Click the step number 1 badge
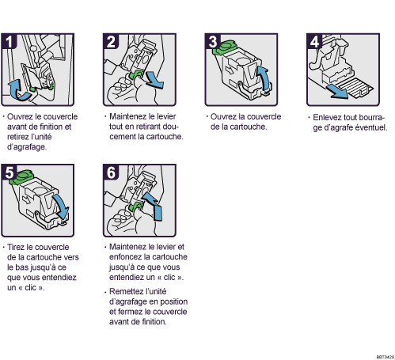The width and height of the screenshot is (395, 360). (9, 41)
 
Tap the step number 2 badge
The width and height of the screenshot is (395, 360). (111, 41)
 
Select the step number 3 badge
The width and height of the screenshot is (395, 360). (213, 41)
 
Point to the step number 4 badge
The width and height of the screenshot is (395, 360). (314, 41)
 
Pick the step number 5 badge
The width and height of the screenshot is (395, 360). (9, 172)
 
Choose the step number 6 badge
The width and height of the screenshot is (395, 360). (111, 172)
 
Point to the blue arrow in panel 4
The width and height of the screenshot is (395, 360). (337, 92)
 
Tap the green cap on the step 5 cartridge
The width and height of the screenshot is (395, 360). (23, 176)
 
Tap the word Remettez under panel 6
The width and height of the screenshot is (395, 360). (124, 291)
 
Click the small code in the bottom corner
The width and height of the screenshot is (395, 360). (386, 357)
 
